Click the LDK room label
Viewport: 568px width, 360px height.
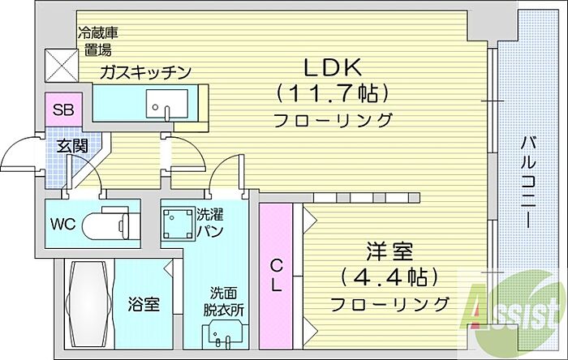[x=333, y=67]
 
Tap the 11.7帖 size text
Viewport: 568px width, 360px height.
[x=333, y=93]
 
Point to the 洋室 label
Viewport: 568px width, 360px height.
[x=389, y=251]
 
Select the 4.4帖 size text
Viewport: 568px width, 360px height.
[x=389, y=277]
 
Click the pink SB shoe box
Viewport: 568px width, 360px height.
[x=63, y=109]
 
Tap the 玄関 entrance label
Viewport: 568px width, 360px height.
[x=72, y=146]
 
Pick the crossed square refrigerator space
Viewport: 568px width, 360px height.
[x=62, y=65]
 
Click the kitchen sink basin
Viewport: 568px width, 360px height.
[x=167, y=104]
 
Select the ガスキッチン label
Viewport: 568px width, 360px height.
[x=145, y=72]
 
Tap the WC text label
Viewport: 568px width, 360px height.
[x=63, y=225]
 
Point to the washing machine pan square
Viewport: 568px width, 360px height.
[x=177, y=225]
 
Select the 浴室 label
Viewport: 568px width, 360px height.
[x=144, y=304]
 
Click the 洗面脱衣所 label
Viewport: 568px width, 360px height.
[x=223, y=302]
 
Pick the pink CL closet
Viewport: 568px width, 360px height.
[x=276, y=276]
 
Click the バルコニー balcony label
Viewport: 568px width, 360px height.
[x=528, y=182]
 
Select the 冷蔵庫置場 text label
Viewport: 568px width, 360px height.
[x=98, y=41]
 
